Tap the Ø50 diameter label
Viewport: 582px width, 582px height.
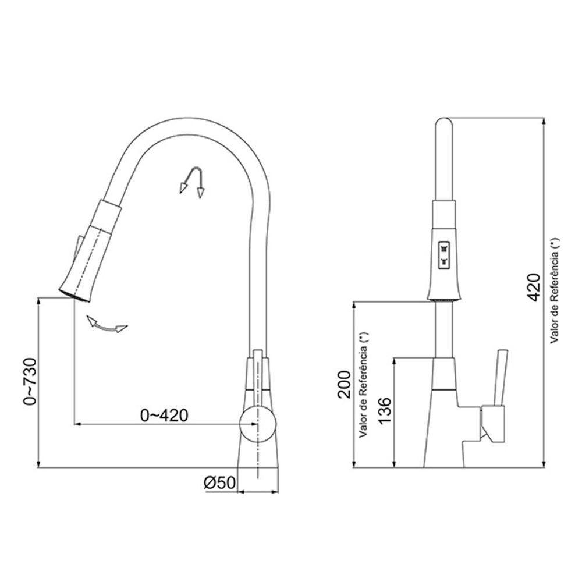[219, 482]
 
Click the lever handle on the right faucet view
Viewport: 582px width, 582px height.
[500, 378]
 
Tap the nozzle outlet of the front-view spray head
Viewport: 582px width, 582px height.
[445, 299]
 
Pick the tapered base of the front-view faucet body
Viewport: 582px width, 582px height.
[445, 431]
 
